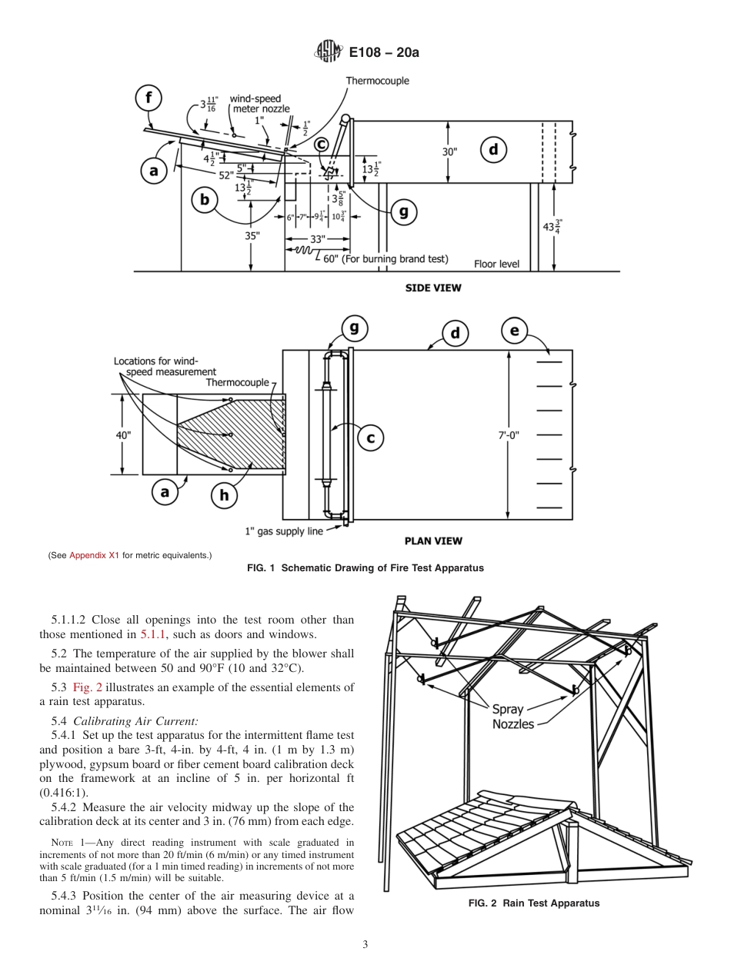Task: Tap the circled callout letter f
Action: [x=149, y=98]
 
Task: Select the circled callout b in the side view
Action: [x=205, y=201]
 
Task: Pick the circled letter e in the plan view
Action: [x=514, y=331]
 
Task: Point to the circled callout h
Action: [x=224, y=496]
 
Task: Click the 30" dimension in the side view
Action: [x=449, y=151]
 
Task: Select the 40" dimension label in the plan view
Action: [x=123, y=435]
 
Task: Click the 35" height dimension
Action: [x=252, y=236]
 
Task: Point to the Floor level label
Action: [x=496, y=264]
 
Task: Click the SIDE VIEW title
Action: [x=433, y=288]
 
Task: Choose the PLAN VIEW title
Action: [x=433, y=541]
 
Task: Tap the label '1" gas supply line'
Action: [x=283, y=531]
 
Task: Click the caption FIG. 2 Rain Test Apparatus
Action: [x=534, y=903]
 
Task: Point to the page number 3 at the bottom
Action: [x=365, y=945]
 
